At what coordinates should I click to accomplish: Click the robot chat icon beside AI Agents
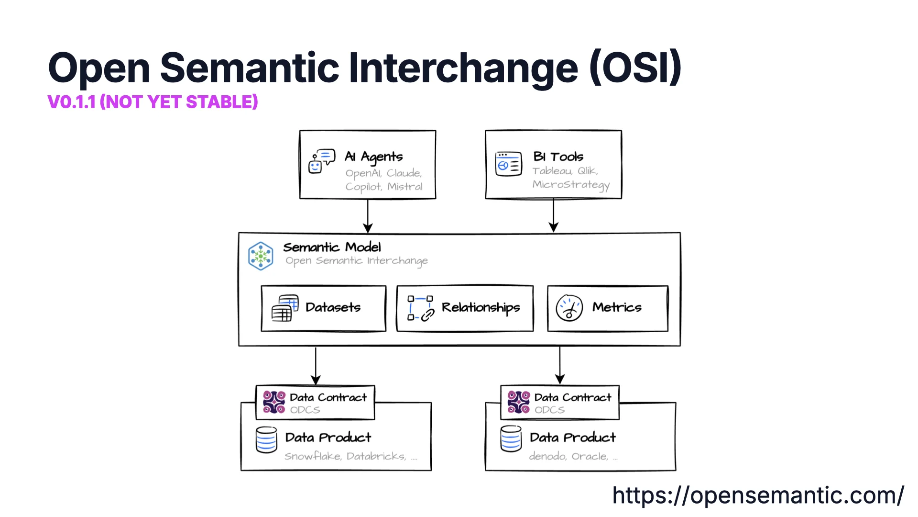(321, 161)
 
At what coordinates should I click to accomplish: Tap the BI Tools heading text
(558, 157)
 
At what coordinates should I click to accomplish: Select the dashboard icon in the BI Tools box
(508, 164)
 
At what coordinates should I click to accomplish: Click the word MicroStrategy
(571, 185)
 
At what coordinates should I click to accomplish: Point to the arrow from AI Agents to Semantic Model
(368, 216)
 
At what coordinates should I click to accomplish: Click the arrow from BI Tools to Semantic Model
(554, 216)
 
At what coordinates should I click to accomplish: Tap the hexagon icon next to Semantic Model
(261, 256)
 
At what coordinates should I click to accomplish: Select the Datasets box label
(333, 307)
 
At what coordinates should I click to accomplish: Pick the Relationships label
(481, 307)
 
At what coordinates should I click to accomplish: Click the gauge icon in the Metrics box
(569, 308)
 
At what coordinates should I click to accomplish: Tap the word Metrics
(617, 307)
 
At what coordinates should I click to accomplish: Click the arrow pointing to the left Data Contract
(316, 366)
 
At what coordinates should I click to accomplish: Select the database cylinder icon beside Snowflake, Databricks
(266, 440)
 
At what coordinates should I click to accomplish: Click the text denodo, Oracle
(568, 457)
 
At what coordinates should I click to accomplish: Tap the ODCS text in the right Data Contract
(549, 410)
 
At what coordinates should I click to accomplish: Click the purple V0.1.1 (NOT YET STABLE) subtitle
(153, 102)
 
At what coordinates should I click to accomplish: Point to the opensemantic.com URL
(758, 495)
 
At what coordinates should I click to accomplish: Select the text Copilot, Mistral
(384, 187)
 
